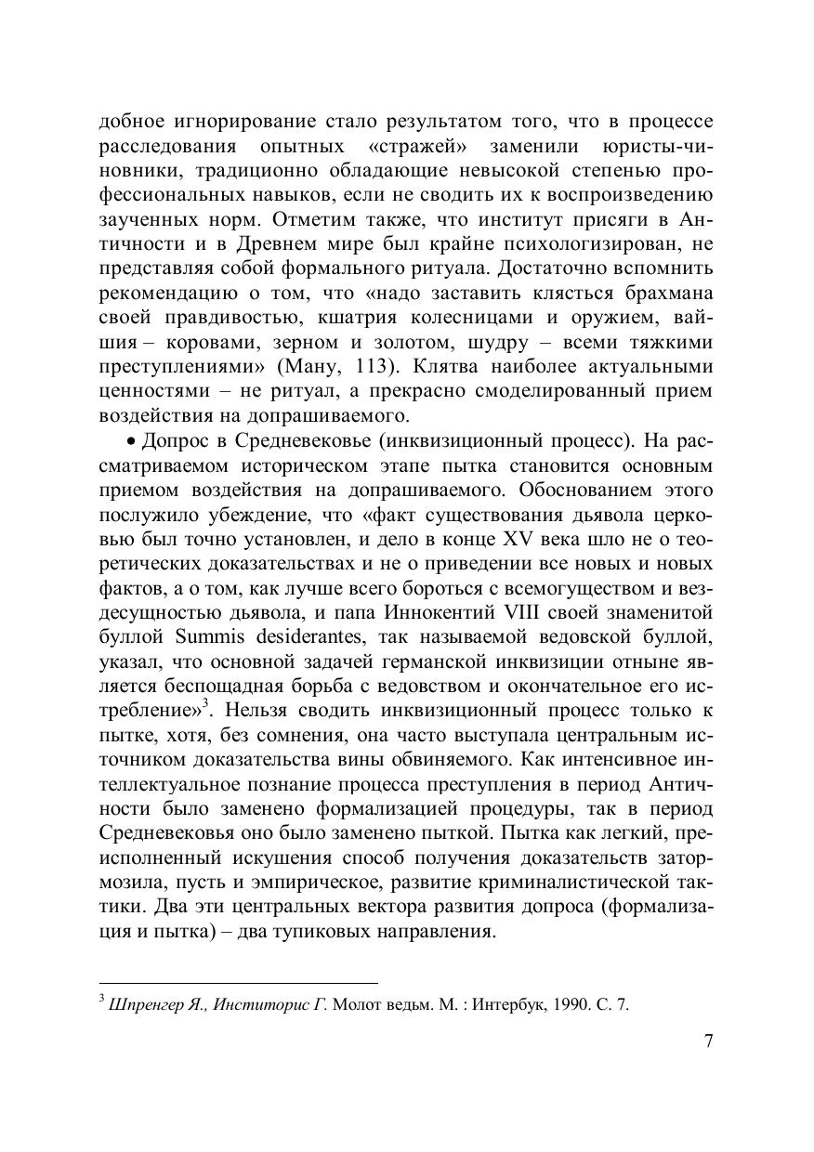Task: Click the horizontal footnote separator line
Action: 238,982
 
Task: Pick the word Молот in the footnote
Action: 354,1004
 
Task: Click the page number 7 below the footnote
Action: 708,1041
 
